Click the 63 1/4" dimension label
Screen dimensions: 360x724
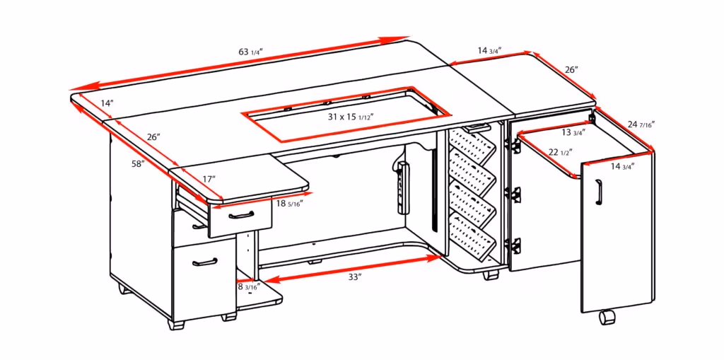(251, 52)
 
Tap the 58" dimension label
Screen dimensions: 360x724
(138, 164)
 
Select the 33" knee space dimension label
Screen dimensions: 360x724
(355, 277)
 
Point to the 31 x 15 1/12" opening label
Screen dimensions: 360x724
(350, 115)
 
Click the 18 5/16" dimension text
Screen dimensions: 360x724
(290, 204)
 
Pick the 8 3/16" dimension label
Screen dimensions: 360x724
(248, 286)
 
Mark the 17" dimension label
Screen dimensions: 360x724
(209, 180)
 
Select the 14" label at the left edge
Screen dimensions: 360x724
(106, 103)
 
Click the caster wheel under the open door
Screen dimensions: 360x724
(606, 318)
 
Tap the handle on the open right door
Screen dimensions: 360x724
(598, 191)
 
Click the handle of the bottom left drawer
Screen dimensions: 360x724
(204, 262)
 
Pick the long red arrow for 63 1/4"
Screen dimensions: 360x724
(240, 65)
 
